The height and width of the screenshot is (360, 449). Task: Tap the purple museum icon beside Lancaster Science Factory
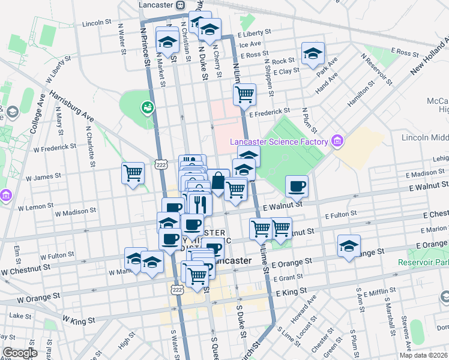coord(337,142)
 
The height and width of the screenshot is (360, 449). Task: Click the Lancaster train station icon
coord(181,4)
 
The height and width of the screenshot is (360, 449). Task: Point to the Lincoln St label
coord(97,23)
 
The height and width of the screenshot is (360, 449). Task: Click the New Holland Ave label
coord(429,58)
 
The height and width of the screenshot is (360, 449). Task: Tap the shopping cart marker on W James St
coord(133,173)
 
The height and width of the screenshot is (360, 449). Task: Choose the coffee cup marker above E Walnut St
coord(296,185)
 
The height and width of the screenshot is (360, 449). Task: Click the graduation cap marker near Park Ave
coord(313,53)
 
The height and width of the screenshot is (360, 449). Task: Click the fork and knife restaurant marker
coord(200,203)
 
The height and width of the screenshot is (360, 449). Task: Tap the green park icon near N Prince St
coord(146,107)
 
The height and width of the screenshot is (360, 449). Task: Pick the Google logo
coord(20,353)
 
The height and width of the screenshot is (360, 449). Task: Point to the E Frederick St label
coord(270,111)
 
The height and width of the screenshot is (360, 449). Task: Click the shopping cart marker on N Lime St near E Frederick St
coord(244,93)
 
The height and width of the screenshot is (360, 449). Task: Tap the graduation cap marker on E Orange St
coord(349,245)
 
